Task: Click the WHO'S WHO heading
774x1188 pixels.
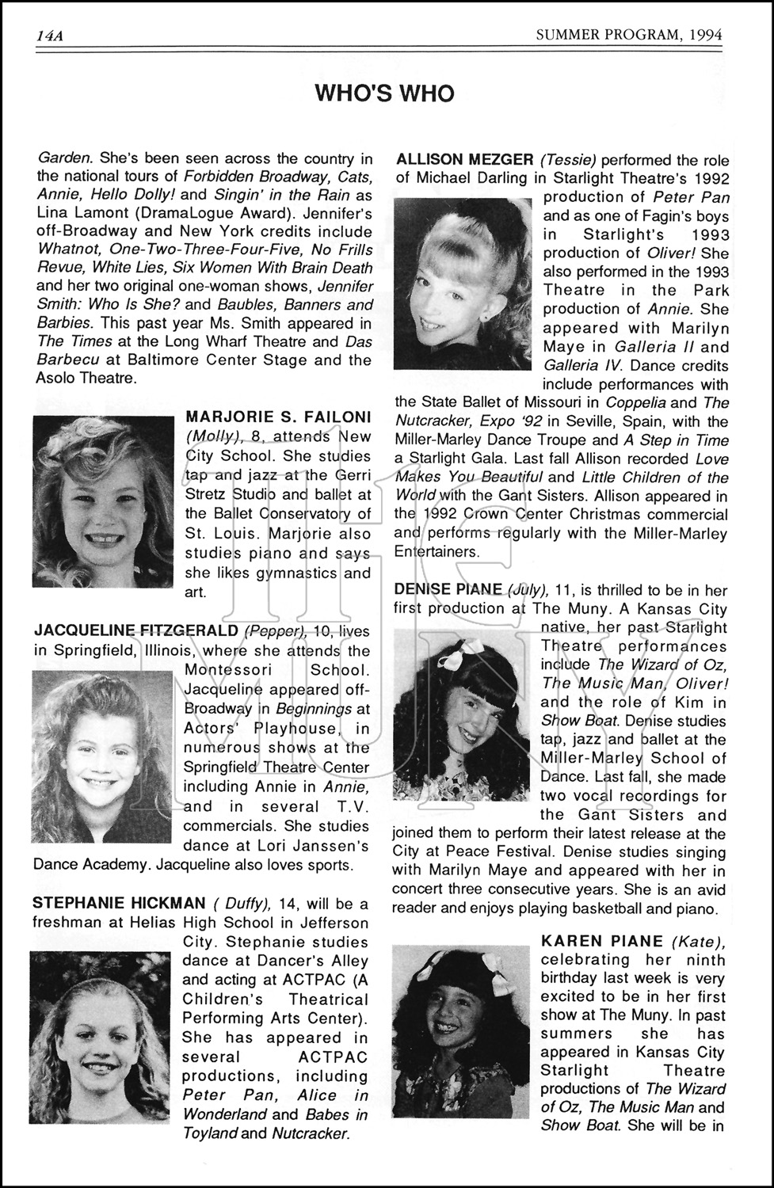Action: (385, 93)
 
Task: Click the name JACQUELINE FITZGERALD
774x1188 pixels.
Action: (135, 630)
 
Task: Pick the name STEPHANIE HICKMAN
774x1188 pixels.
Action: (119, 903)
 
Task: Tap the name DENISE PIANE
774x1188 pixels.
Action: (448, 589)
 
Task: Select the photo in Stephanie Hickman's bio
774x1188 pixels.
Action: (100, 1037)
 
